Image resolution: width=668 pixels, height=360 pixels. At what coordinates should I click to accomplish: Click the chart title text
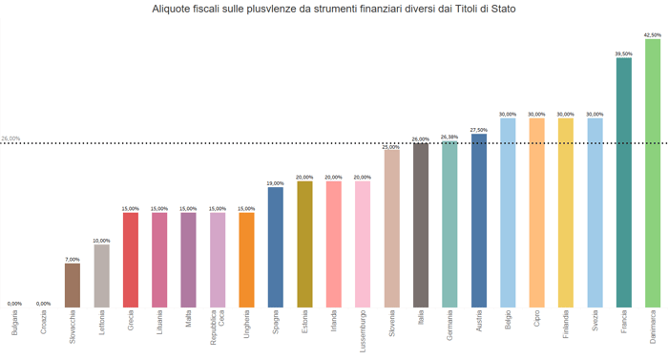[333, 9]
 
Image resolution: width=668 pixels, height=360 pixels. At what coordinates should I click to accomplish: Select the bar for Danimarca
[653, 172]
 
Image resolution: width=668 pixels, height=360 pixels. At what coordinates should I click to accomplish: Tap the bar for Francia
[624, 181]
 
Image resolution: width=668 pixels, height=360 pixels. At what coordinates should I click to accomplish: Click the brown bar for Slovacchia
[73, 285]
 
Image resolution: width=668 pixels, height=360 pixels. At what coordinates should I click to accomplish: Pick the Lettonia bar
[101, 276]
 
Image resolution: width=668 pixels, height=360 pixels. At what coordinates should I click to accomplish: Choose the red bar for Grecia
[131, 260]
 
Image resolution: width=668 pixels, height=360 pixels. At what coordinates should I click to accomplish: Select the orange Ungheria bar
[246, 260]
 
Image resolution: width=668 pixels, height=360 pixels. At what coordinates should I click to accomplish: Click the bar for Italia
[421, 225]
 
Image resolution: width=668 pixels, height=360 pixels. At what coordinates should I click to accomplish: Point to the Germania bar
[449, 224]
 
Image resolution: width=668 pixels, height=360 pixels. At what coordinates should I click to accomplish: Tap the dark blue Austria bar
[479, 220]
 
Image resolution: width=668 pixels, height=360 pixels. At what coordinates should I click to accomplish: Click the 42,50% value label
[653, 34]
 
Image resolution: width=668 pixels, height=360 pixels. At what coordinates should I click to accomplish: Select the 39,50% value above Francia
[624, 53]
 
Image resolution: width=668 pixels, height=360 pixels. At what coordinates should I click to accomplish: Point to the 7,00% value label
[73, 259]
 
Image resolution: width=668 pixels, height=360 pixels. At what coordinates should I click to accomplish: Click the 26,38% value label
[449, 137]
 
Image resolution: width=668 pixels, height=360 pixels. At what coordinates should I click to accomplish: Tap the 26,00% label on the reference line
[10, 138]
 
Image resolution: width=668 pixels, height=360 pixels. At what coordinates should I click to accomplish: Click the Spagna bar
[276, 246]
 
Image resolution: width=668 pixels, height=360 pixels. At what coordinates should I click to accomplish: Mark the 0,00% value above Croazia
[44, 304]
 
